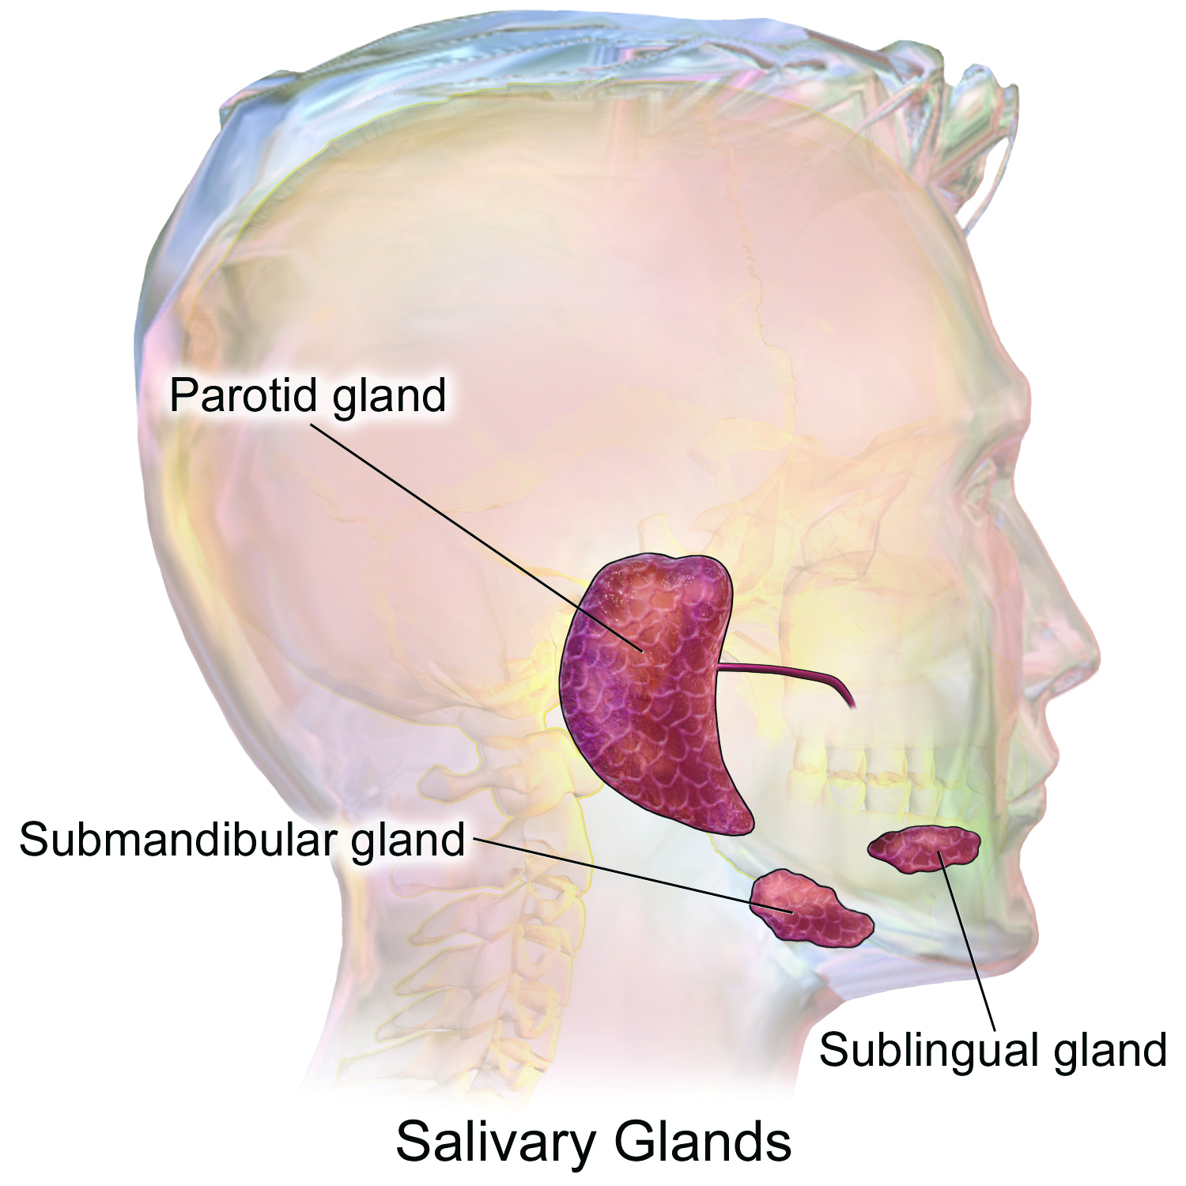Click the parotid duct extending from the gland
[x=791, y=676]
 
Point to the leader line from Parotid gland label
[x=477, y=538]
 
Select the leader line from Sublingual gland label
[x=965, y=941]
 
